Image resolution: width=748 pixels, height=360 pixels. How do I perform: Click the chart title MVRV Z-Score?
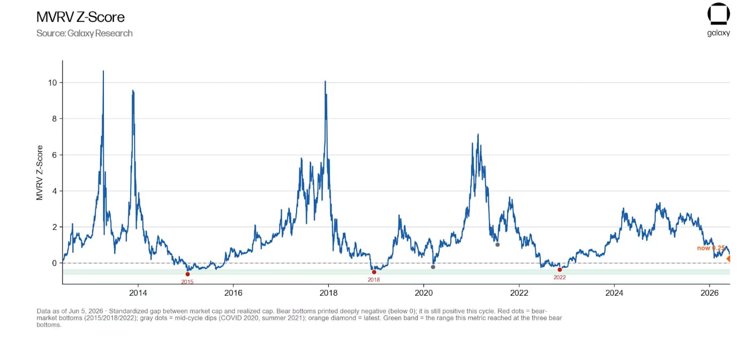tap(80, 17)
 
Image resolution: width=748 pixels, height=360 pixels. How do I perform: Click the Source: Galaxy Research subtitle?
tap(85, 33)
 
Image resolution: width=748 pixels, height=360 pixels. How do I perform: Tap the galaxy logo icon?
tap(718, 14)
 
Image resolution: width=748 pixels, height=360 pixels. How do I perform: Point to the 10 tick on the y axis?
tap(53, 82)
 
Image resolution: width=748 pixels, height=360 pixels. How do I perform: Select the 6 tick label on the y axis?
tap(55, 155)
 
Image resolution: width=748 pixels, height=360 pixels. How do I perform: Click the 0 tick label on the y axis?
tap(55, 263)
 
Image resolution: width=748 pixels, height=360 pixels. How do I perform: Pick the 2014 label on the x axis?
tap(138, 293)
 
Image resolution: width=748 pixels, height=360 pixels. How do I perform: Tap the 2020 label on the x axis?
tap(424, 293)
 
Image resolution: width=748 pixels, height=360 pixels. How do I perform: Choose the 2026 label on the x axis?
tap(709, 293)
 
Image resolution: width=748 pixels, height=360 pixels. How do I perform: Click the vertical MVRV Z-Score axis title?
tap(40, 172)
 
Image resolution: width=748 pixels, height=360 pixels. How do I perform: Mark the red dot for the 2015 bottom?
tap(187, 274)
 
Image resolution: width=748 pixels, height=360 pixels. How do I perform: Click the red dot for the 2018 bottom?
tap(374, 272)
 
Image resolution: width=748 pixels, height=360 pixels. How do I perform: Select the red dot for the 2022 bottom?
tap(560, 269)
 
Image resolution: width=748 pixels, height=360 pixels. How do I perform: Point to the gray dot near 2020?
tap(433, 267)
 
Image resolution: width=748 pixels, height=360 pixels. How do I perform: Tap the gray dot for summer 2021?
tap(497, 245)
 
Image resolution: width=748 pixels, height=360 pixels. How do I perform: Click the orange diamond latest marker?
tap(728, 258)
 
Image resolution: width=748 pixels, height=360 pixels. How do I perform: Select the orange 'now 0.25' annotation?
tap(711, 248)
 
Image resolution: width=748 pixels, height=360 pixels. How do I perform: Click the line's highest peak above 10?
tap(103, 71)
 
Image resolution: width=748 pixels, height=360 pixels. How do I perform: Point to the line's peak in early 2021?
tap(478, 134)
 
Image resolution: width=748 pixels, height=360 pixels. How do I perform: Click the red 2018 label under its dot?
tap(374, 280)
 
